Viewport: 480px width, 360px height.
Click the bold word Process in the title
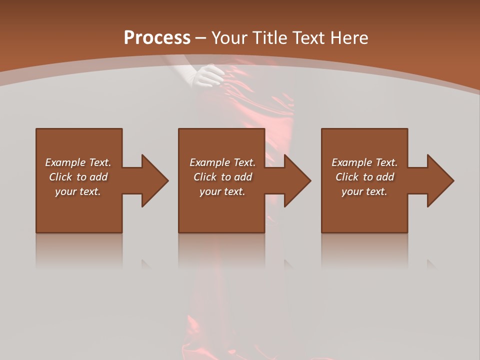click(157, 38)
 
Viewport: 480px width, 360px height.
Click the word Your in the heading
click(228, 38)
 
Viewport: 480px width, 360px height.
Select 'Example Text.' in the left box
click(78, 162)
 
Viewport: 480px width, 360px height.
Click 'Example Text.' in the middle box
click(222, 162)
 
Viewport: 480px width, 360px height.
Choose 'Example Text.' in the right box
click(364, 162)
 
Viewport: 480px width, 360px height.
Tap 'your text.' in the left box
click(78, 191)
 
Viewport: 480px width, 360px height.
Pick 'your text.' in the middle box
click(222, 191)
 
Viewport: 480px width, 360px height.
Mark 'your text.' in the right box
click(364, 191)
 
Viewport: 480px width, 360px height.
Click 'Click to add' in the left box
click(78, 177)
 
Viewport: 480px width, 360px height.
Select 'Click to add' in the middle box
click(222, 177)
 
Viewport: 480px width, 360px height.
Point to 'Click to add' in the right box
click(364, 177)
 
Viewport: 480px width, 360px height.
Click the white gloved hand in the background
click(210, 76)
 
